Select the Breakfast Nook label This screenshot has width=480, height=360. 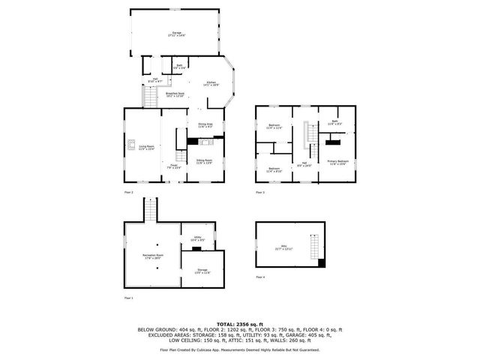pyautogui.click(x=175, y=94)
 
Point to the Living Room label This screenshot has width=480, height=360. pyautogui.click(x=145, y=148)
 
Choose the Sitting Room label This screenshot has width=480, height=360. pyautogui.click(x=204, y=161)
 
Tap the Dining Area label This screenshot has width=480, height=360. pyautogui.click(x=205, y=125)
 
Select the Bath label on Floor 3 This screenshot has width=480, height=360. pyautogui.click(x=335, y=121)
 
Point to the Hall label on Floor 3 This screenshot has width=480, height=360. pyautogui.click(x=304, y=164)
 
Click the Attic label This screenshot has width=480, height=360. pyautogui.click(x=284, y=247)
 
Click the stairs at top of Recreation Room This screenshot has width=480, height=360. pyautogui.click(x=151, y=211)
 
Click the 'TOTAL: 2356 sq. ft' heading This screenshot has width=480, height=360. pyautogui.click(x=239, y=323)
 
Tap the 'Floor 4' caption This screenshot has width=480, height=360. pyautogui.click(x=260, y=277)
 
